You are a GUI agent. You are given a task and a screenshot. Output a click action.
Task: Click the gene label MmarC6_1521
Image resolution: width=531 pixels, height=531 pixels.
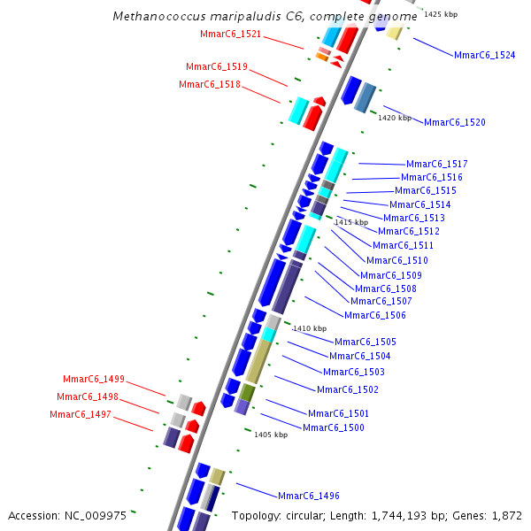(x=230, y=35)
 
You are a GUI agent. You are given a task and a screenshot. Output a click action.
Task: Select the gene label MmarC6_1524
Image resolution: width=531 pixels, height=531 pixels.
(x=484, y=55)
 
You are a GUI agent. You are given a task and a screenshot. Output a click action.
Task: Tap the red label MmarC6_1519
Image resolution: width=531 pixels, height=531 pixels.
(x=216, y=67)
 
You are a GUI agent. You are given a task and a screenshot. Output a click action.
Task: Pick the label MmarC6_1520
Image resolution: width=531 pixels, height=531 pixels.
(x=454, y=122)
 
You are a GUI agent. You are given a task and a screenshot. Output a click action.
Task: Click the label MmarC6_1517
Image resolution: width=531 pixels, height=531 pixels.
(x=436, y=164)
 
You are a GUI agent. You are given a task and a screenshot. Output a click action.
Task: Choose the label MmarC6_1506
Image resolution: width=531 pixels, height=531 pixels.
(x=374, y=316)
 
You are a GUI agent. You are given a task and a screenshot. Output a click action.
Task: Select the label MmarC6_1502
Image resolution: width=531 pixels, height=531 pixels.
(x=347, y=390)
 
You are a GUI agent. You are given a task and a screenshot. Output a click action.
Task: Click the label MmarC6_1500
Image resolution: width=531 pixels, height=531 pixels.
(x=333, y=428)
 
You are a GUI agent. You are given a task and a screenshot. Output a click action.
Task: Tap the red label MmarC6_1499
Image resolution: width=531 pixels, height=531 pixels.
(x=93, y=380)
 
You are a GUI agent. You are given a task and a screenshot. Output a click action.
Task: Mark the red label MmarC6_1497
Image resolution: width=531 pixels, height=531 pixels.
(x=80, y=414)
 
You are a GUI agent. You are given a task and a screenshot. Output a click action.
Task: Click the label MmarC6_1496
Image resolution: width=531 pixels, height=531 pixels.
(x=308, y=496)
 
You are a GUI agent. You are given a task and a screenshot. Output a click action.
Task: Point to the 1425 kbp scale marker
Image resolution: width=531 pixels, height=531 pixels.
(x=441, y=15)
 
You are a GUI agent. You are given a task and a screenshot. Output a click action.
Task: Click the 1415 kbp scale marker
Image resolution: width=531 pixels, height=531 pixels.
(x=350, y=223)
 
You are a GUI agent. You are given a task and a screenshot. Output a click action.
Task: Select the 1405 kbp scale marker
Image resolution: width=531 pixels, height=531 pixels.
(x=270, y=435)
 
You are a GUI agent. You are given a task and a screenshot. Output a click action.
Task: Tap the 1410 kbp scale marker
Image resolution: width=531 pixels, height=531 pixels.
(x=309, y=328)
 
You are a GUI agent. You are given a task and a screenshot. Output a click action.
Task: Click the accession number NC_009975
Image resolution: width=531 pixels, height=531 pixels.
(x=98, y=515)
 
